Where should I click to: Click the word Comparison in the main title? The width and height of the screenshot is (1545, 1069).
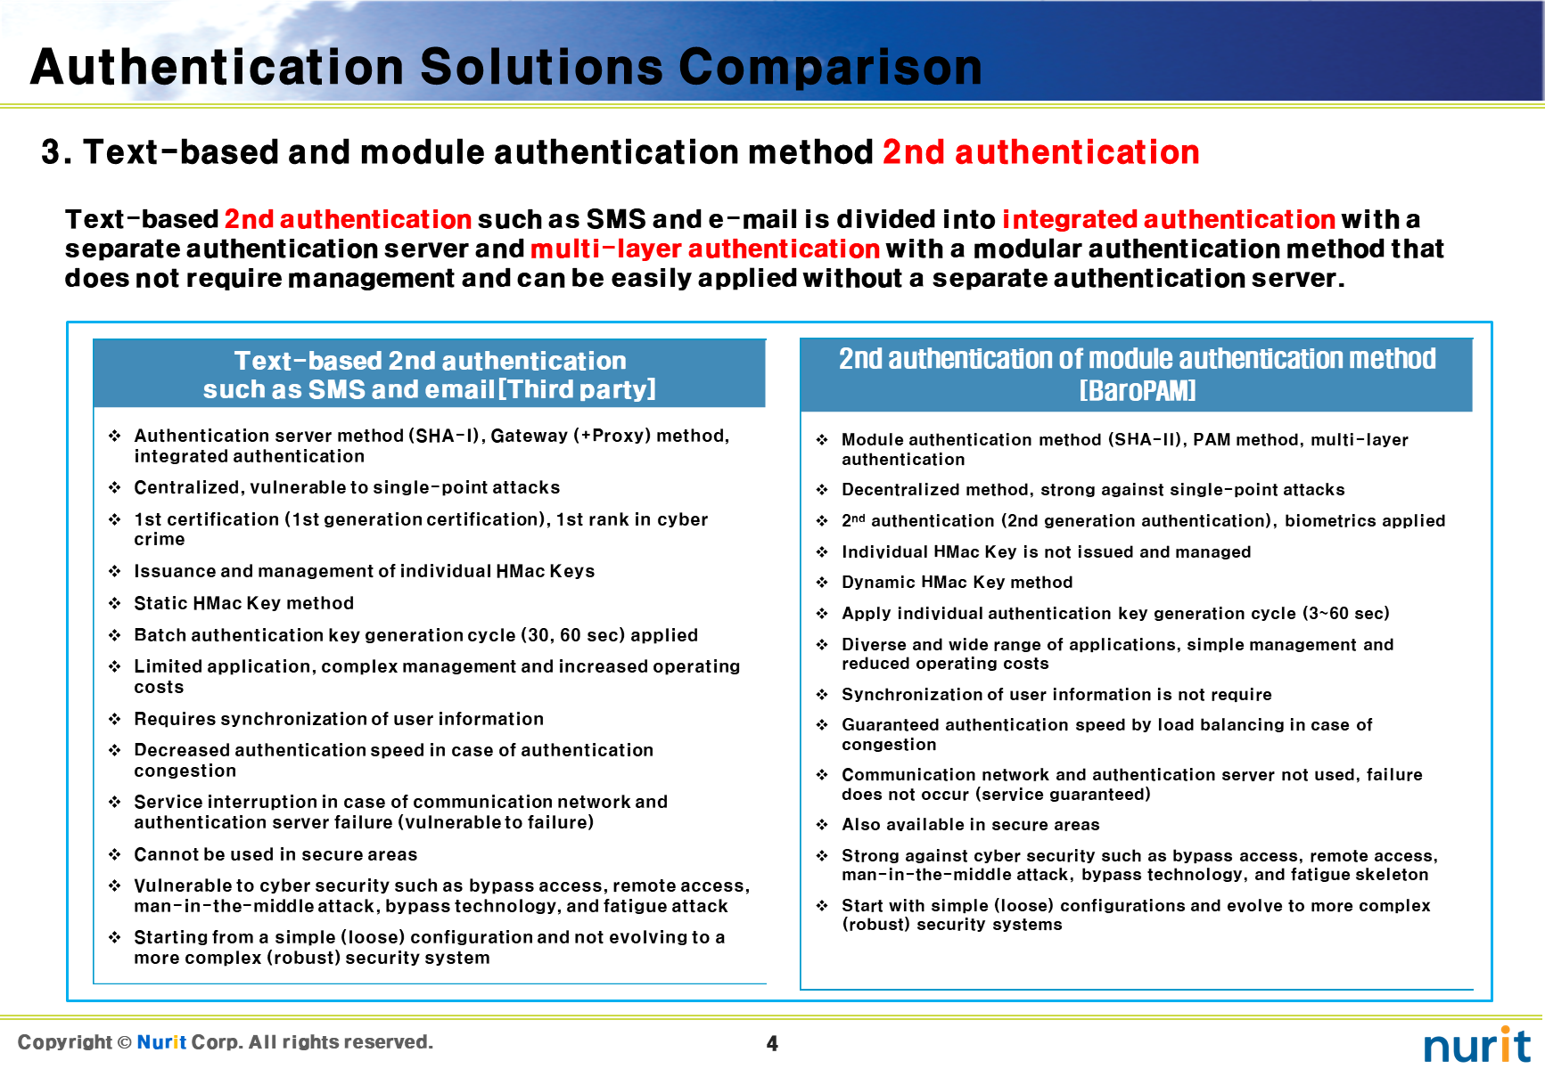[x=830, y=69]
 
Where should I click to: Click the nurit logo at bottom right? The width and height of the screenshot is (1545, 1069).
[x=1477, y=1044]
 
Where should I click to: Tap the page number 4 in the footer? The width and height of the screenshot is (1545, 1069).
[x=772, y=1043]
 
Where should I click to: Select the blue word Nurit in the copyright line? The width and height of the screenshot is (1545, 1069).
[x=161, y=1042]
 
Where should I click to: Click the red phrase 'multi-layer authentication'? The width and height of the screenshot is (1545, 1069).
[x=705, y=249]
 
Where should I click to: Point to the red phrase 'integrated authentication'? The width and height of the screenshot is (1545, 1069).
[x=1169, y=219]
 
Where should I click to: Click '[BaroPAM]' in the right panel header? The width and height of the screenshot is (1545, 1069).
[x=1138, y=391]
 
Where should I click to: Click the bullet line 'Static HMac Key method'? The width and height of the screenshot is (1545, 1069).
[x=244, y=603]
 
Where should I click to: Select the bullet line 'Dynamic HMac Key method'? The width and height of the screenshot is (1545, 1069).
[x=957, y=582]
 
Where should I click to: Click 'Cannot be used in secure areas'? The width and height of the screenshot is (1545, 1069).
[x=275, y=854]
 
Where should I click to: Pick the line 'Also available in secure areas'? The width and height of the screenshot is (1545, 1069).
[x=971, y=824]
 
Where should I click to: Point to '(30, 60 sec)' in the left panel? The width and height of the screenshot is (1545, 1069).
[x=572, y=635]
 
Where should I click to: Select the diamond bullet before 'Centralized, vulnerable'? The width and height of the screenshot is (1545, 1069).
[x=115, y=487]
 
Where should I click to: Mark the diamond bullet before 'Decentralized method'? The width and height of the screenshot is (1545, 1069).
[x=822, y=489]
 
